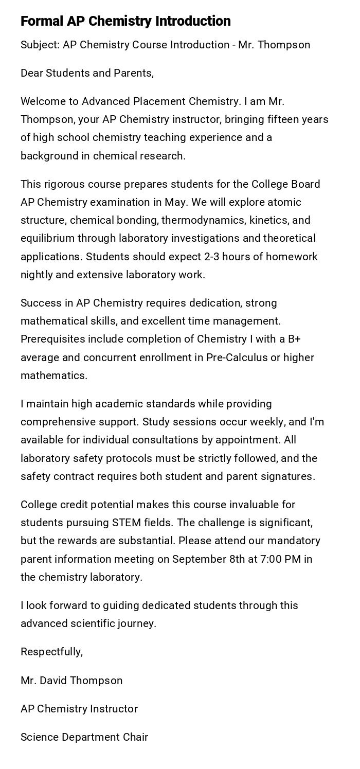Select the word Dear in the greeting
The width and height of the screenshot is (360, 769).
coord(31,73)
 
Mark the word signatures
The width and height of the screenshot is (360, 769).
coord(287,476)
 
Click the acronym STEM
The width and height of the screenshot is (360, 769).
coord(125,523)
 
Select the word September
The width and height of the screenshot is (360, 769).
coord(197,559)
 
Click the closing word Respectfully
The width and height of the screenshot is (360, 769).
coord(51,652)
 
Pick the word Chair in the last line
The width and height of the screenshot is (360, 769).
coord(135,737)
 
